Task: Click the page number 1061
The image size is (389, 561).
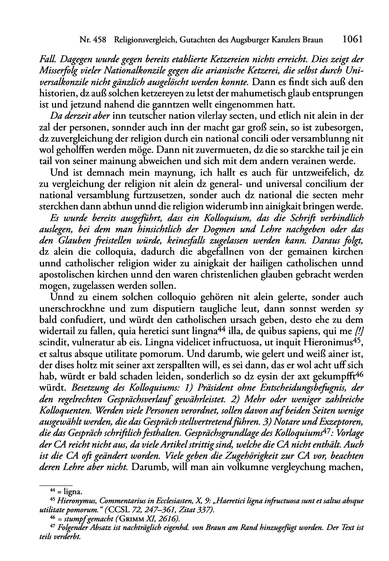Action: coord(352,40)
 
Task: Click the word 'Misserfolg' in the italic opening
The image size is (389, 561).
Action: coord(58,71)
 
